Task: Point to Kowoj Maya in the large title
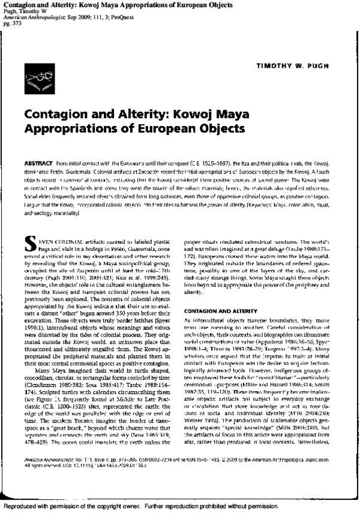pyautogui.click(x=208, y=115)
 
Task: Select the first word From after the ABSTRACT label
pyautogui.click(x=64, y=163)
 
